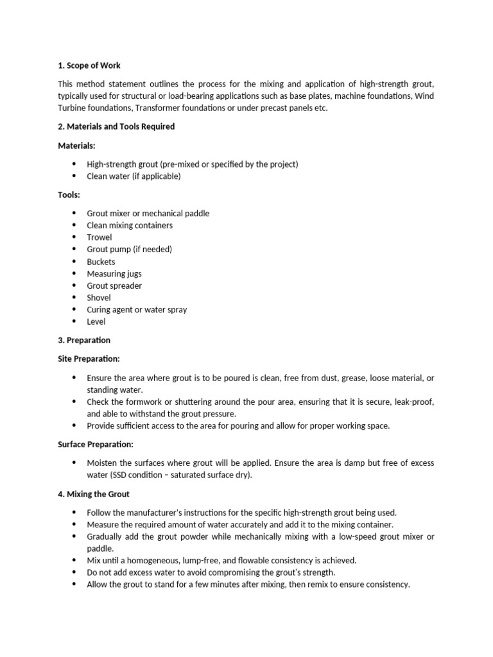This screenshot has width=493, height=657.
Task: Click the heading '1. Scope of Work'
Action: (89, 65)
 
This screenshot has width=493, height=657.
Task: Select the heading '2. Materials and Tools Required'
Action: (116, 126)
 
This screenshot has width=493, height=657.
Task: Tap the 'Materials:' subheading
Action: (76, 146)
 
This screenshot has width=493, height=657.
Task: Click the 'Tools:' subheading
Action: (69, 194)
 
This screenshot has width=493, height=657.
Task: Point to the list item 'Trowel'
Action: (99, 237)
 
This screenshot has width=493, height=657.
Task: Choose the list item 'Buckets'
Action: (101, 262)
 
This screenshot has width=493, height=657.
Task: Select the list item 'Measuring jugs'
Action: (114, 274)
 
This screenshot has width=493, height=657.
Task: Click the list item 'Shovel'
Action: (99, 298)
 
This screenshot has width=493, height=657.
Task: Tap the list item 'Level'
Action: (96, 321)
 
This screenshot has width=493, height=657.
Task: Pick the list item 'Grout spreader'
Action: (114, 286)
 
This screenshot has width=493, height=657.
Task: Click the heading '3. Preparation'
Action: (84, 340)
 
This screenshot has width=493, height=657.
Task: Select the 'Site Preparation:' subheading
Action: (89, 359)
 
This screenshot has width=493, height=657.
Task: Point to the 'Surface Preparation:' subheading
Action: (96, 444)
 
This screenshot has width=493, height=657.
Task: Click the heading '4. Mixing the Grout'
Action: (94, 494)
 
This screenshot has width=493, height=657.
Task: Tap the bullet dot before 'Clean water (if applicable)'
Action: (74, 176)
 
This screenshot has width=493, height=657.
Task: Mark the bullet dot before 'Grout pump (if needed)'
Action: (74, 250)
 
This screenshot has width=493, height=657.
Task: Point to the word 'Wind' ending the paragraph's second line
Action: (425, 96)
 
